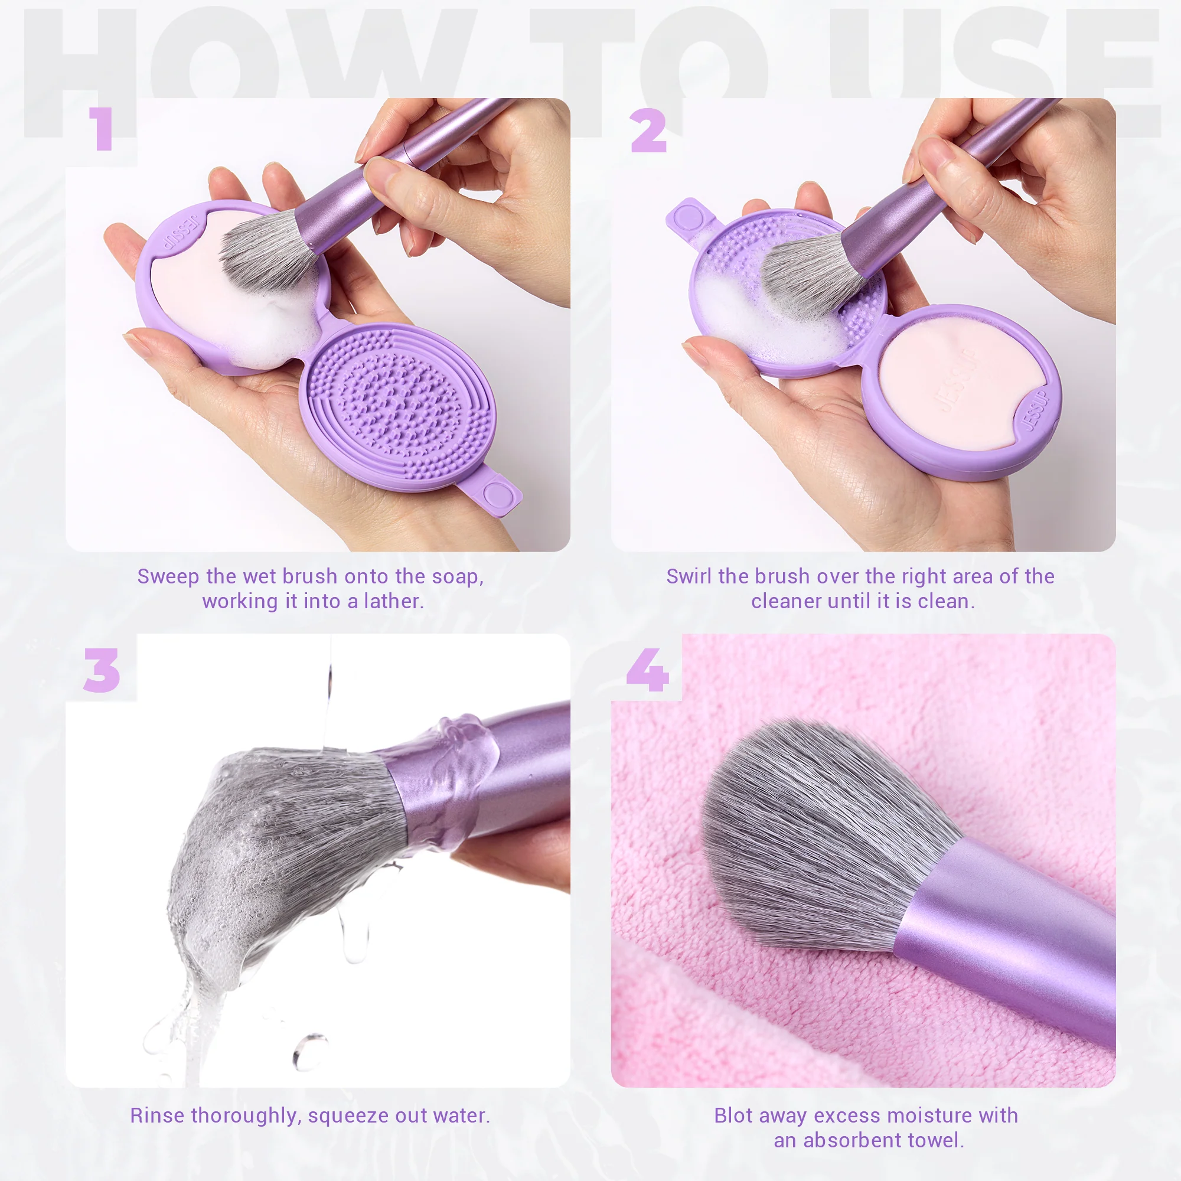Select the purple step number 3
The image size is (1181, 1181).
pos(102,671)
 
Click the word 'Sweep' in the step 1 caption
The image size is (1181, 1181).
pos(168,576)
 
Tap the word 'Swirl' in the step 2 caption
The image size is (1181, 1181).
pos(689,576)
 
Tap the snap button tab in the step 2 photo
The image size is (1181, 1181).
pos(689,217)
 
